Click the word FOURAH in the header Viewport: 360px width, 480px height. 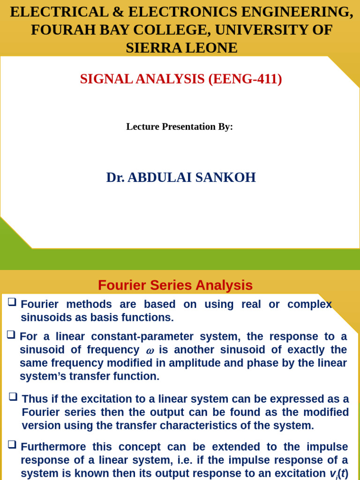(56, 30)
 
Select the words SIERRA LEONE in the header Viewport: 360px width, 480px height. (181, 47)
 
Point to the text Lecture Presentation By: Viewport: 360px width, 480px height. (180, 127)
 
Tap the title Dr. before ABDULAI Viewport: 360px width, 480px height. (115, 178)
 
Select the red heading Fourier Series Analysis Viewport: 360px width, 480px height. (175, 285)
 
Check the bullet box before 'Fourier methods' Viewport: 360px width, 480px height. (12, 302)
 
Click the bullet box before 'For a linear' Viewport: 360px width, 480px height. (11, 335)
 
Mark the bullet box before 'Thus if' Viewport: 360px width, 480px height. (13, 397)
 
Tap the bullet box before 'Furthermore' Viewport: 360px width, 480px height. (12, 444)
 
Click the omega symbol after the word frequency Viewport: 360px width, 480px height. (150, 351)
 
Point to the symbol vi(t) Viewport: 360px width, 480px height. (339, 474)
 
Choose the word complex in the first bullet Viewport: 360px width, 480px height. (309, 304)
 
